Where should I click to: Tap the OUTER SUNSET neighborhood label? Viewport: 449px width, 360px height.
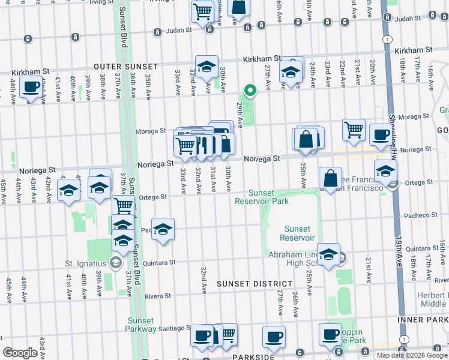coord(125,67)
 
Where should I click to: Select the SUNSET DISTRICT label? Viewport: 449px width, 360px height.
coord(255,283)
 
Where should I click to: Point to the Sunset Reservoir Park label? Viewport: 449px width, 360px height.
coord(269,197)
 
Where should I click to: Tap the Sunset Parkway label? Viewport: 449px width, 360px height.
coord(140,325)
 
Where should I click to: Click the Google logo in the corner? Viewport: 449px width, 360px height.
coord(20,353)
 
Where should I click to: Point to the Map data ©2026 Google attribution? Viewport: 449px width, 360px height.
coord(411,355)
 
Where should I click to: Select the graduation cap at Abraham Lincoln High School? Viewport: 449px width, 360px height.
coord(328,254)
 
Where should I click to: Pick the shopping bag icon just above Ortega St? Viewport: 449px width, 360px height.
coord(331,178)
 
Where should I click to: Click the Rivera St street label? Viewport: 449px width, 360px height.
coord(158,296)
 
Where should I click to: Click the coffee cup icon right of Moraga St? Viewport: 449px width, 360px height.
coord(380,134)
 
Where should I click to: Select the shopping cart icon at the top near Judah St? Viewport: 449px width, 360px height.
coord(203,11)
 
